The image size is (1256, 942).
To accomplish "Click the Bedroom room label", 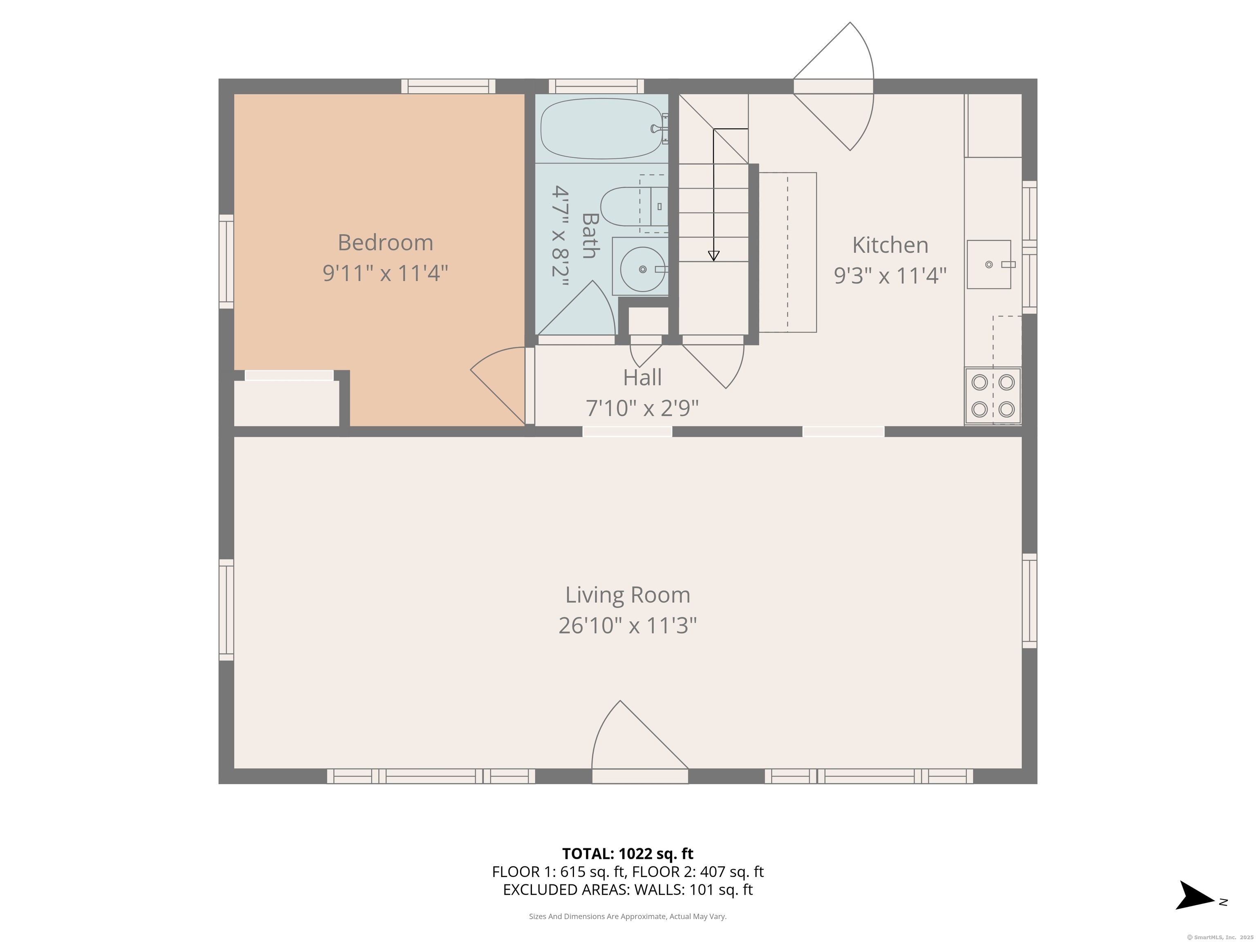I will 386,242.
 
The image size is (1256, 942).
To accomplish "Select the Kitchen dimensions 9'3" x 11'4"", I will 890,276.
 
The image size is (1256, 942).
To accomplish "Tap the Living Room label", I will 628,595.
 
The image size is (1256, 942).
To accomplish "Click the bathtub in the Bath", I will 602,128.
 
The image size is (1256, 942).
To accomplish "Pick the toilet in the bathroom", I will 630,207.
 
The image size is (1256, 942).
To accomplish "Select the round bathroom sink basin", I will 642,269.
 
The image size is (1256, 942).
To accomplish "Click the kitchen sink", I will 989,265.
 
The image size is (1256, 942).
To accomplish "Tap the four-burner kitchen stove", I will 993,396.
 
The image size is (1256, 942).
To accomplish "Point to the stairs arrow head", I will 714,256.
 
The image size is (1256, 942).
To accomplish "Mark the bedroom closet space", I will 287,403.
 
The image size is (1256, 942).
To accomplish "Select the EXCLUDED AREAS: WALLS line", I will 628,890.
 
